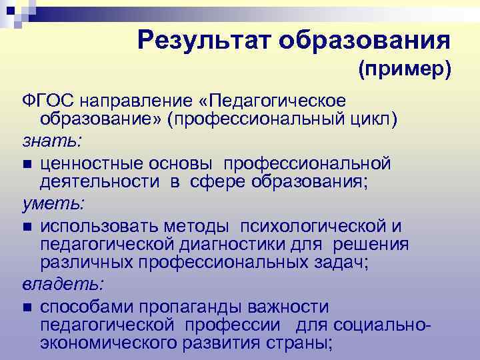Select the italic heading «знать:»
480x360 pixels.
[x=44, y=141]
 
